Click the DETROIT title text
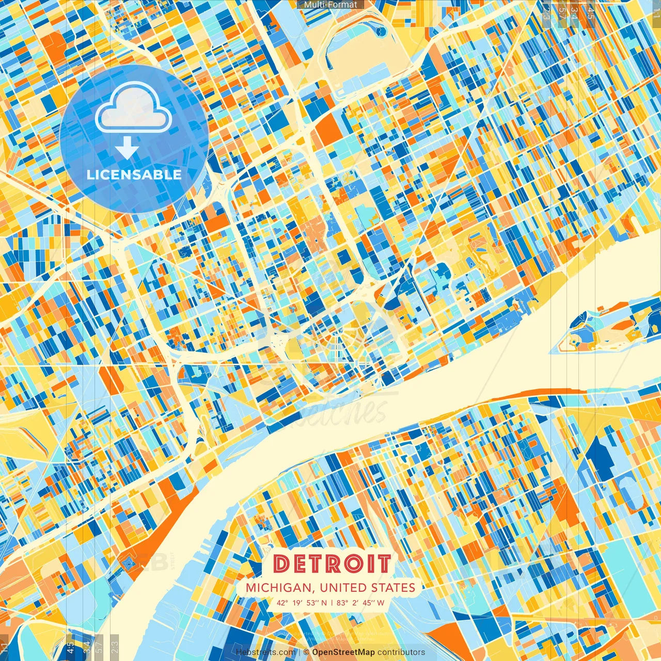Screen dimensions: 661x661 pos(332,564)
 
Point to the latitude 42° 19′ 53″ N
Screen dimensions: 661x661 pos(302,603)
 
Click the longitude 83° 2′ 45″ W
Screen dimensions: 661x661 pos(360,603)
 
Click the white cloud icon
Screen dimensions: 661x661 pos(133,109)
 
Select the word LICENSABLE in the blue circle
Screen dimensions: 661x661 pos(134,175)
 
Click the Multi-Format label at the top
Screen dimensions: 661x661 pos(330,5)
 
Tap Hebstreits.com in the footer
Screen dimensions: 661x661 pos(265,652)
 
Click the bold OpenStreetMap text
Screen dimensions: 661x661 pos(343,652)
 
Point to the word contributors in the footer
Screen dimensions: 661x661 pos(401,652)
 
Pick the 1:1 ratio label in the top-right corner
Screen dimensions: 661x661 pos(656,11)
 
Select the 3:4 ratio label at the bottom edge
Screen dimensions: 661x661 pos(86,646)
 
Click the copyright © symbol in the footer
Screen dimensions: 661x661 pos(306,652)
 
